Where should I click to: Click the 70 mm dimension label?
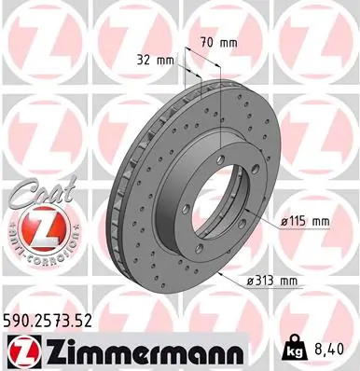click(217, 41)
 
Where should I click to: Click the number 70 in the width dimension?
click(208, 41)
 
